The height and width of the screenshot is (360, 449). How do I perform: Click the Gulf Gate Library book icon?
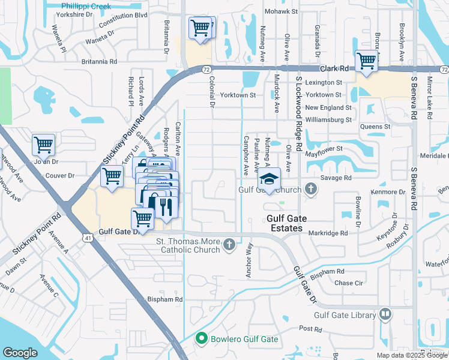coord(385,314)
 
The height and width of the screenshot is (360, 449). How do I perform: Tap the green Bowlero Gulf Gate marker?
coord(202,339)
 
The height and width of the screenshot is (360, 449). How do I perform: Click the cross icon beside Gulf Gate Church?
coord(310,189)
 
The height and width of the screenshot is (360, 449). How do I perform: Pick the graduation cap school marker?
coord(270,179)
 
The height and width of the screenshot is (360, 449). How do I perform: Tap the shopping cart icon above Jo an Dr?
coord(44,144)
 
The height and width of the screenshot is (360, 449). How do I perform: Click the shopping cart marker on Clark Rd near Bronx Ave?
coord(366,60)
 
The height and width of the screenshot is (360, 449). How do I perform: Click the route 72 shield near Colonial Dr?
coord(205,70)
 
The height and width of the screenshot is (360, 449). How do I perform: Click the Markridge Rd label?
coord(328,233)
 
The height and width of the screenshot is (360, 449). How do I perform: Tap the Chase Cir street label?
coord(349,283)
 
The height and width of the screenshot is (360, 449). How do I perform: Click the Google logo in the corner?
coord(20,353)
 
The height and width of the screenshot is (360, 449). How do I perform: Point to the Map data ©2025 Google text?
coord(412,355)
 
